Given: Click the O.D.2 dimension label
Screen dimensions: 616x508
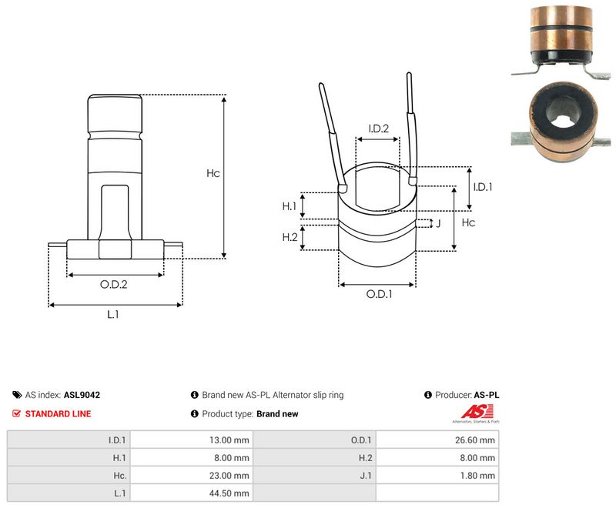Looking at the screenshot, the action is tap(113, 284).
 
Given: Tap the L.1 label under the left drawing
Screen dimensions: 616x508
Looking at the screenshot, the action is tap(112, 315).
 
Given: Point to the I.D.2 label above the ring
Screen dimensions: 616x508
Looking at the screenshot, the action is tap(378, 129).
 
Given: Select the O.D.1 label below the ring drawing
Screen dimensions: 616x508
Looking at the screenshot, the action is tap(379, 294).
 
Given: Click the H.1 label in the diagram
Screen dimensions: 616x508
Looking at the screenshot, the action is tap(290, 206).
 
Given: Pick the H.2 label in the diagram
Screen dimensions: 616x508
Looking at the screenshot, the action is tap(290, 237).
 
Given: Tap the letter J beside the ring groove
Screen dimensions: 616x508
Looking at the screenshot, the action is tap(438, 223).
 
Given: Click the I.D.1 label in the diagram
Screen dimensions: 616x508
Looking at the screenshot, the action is tap(483, 187).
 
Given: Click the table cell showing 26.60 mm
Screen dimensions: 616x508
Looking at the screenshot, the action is tap(437, 440).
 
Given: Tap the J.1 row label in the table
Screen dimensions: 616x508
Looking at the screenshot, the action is tap(365, 476).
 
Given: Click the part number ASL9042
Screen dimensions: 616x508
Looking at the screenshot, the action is tap(82, 395).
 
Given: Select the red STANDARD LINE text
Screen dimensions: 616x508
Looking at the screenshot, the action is tap(59, 414).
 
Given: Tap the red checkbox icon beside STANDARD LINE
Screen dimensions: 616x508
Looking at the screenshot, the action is tap(16, 413).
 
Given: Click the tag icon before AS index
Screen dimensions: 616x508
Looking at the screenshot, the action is tap(17, 395).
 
